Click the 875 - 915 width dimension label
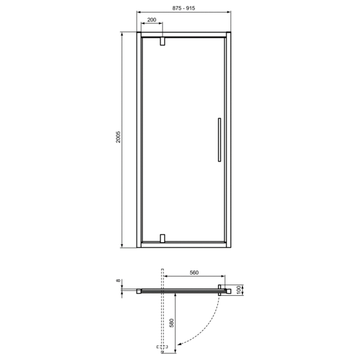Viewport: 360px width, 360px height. coord(184,8)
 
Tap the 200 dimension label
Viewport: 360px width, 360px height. coord(152,20)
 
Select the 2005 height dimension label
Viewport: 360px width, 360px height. coord(118,137)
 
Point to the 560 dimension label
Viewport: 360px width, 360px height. coord(194,272)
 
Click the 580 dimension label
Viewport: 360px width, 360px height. coord(172,323)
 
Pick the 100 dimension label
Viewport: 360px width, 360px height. coord(239,290)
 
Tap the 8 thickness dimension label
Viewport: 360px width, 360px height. coord(118,280)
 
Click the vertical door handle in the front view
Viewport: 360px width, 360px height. coord(220,140)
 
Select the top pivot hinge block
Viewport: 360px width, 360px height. coord(163,41)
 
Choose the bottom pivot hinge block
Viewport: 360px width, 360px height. coord(163,238)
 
